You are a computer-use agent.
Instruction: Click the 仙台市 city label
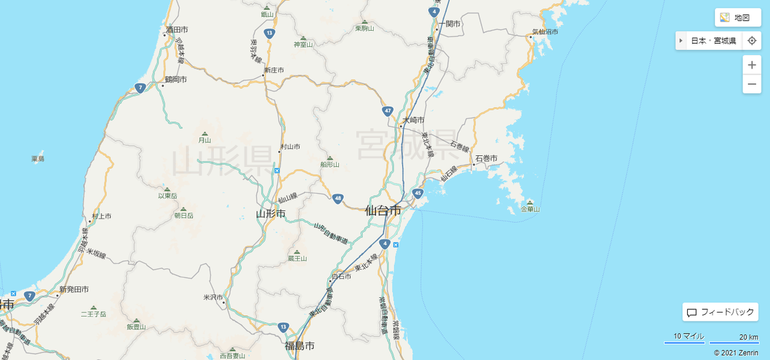click(382, 210)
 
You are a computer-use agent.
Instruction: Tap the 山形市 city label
click(270, 214)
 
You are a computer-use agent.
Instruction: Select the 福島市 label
click(300, 347)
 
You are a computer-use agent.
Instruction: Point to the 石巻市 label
click(486, 158)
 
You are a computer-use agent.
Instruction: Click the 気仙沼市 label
click(545, 31)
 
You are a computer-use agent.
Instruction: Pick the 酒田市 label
click(176, 30)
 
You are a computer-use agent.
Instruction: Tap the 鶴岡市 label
click(175, 80)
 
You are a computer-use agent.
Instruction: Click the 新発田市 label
click(74, 290)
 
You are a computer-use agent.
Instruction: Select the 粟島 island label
click(37, 159)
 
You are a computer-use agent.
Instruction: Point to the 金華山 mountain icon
click(530, 201)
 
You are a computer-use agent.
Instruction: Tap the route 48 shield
click(338, 198)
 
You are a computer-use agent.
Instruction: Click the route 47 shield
click(388, 111)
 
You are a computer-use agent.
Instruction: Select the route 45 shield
click(418, 193)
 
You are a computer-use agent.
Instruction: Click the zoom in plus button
click(752, 65)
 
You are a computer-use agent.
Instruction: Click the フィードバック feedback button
click(721, 313)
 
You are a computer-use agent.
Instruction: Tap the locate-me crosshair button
click(752, 41)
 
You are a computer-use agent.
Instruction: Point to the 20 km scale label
click(748, 337)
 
